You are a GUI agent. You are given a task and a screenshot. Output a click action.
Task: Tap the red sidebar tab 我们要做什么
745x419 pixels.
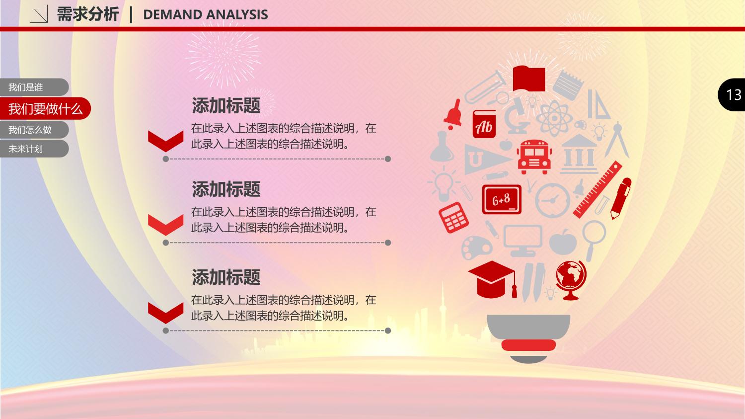point(45,109)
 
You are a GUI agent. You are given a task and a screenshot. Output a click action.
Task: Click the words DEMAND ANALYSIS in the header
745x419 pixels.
point(206,14)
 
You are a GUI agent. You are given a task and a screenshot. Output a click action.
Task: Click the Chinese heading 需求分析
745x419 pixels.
point(88,14)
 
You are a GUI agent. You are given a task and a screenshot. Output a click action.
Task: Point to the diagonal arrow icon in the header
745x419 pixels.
point(39,14)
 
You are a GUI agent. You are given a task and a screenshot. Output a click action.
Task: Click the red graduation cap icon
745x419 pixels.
point(493,279)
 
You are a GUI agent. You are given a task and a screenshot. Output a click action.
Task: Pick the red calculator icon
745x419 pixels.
point(453,217)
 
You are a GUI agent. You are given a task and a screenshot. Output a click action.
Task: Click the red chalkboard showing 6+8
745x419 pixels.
point(502,199)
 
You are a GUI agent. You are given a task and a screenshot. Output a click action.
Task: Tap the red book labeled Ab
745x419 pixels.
point(484,124)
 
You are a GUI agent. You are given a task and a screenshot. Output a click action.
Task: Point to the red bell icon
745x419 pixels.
point(453,114)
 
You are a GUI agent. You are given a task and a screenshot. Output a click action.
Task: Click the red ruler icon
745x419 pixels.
point(597,190)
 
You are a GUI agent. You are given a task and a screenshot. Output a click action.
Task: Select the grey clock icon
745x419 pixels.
point(552,200)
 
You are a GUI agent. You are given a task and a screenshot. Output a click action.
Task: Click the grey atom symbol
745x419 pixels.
point(554,118)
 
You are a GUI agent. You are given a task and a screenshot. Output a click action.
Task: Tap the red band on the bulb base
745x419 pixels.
point(528,345)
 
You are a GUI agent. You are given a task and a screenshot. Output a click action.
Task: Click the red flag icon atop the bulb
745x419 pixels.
point(529,79)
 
